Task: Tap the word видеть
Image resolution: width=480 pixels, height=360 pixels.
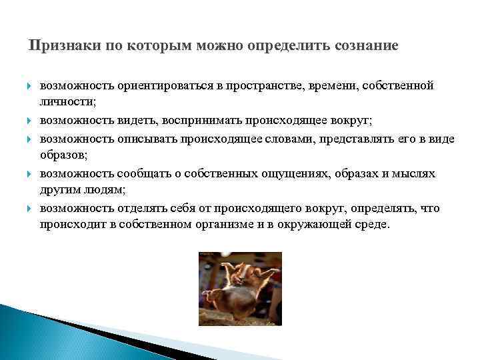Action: point(136,121)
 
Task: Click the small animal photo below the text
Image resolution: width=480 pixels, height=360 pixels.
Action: point(239,288)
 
